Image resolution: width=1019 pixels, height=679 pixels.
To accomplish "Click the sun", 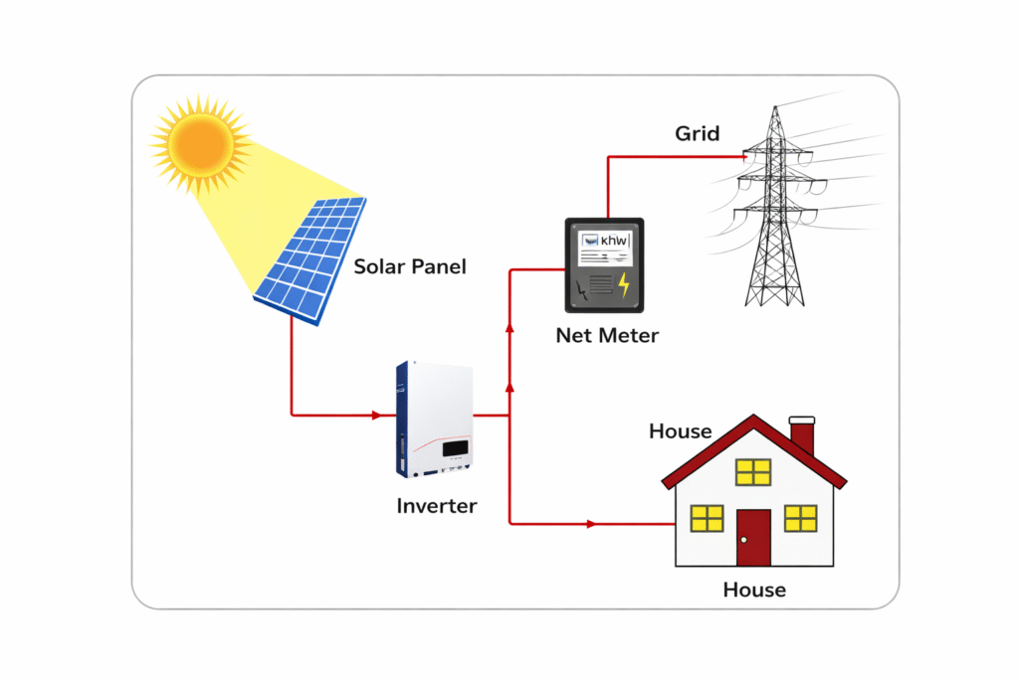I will click(200, 145).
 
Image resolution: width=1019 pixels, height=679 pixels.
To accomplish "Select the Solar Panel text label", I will click(410, 266).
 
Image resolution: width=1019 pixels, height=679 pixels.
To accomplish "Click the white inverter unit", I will click(435, 418).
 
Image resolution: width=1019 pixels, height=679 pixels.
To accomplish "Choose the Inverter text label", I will click(437, 506).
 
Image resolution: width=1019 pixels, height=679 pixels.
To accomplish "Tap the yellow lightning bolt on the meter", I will click(624, 285).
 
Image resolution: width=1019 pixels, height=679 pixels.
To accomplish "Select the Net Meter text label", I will click(607, 336).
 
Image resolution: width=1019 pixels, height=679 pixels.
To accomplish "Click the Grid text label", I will click(697, 133).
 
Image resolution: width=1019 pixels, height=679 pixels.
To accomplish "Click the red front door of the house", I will click(753, 537).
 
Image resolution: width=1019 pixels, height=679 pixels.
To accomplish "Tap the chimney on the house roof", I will click(802, 434).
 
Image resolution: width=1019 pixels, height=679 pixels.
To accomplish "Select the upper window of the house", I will click(753, 472).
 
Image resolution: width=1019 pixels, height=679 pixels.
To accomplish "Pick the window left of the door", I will click(707, 518).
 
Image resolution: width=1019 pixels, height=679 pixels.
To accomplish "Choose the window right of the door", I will click(800, 518).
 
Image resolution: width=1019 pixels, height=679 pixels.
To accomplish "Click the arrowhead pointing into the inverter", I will click(378, 414).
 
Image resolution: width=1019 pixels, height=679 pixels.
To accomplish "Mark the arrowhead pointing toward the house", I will click(593, 523).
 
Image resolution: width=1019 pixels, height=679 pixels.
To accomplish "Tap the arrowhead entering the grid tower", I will click(743, 156).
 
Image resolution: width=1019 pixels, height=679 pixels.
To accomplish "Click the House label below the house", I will click(754, 590).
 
